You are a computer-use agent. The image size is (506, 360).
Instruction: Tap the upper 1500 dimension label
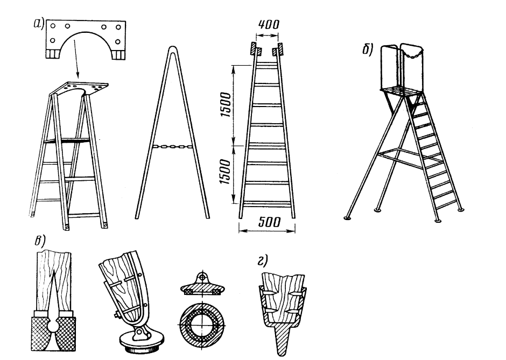pos(227,104)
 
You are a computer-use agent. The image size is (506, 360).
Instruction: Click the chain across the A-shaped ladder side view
pos(172,146)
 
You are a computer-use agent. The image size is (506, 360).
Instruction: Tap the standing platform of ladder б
pos(402,91)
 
